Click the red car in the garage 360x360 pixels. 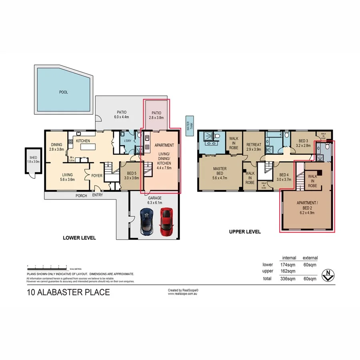tap(166, 222)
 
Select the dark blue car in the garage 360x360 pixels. tap(147, 222)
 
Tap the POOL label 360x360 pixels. tap(64, 92)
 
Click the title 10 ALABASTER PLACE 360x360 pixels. tap(68, 292)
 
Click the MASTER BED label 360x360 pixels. tap(220, 171)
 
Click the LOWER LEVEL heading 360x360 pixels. tap(79, 238)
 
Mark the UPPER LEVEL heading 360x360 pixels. tap(244, 232)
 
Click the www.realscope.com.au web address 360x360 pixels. tap(183, 294)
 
